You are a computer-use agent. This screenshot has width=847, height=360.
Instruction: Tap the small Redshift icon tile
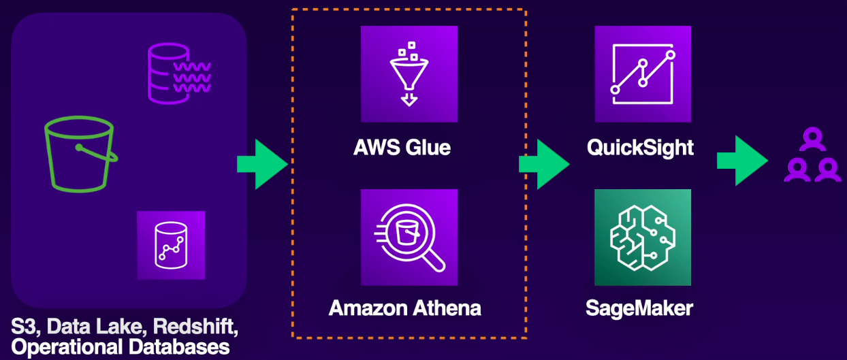(x=171, y=245)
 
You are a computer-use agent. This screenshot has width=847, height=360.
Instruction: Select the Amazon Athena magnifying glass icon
(x=409, y=237)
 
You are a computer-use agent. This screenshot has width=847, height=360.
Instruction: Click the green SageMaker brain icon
(x=643, y=237)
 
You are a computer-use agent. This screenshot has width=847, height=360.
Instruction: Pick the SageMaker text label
(x=639, y=308)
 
